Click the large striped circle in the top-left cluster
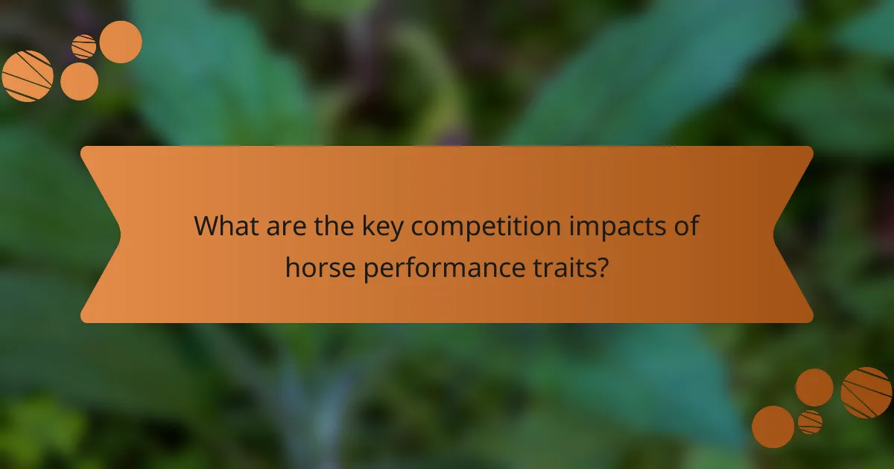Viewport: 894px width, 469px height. pos(28,76)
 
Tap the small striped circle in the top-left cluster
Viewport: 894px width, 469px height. pos(84,46)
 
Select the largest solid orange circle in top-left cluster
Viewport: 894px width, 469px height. pos(121,42)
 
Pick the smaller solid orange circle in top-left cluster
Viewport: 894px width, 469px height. pos(79,81)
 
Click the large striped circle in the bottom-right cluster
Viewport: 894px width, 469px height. pos(866,392)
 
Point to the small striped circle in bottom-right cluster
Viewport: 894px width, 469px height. pos(810,422)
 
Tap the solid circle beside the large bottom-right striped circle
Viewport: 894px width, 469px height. pos(814,387)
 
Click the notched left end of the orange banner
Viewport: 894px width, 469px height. pos(101,234)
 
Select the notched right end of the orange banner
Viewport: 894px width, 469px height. pos(793,234)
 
